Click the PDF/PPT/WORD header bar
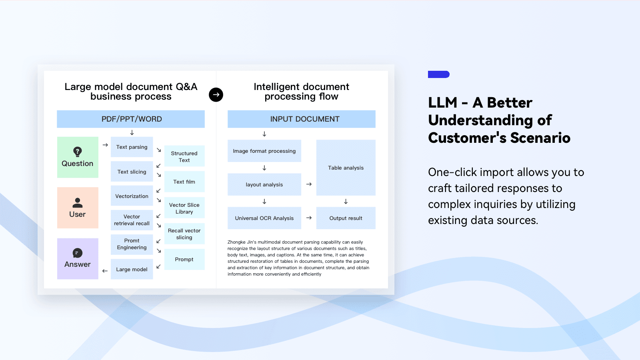131,119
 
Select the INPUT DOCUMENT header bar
302,119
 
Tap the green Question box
78,157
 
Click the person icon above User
78,203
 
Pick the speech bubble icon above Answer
78,253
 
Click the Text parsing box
132,147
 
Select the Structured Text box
184,156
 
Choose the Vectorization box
132,196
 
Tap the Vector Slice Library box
184,208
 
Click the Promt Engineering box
132,244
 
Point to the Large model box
132,269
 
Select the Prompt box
184,259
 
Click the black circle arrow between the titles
216,94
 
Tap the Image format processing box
264,151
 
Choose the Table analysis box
346,168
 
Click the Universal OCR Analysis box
264,218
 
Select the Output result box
346,218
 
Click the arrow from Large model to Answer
105,271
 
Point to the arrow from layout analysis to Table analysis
309,184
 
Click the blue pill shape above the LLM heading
439,74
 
